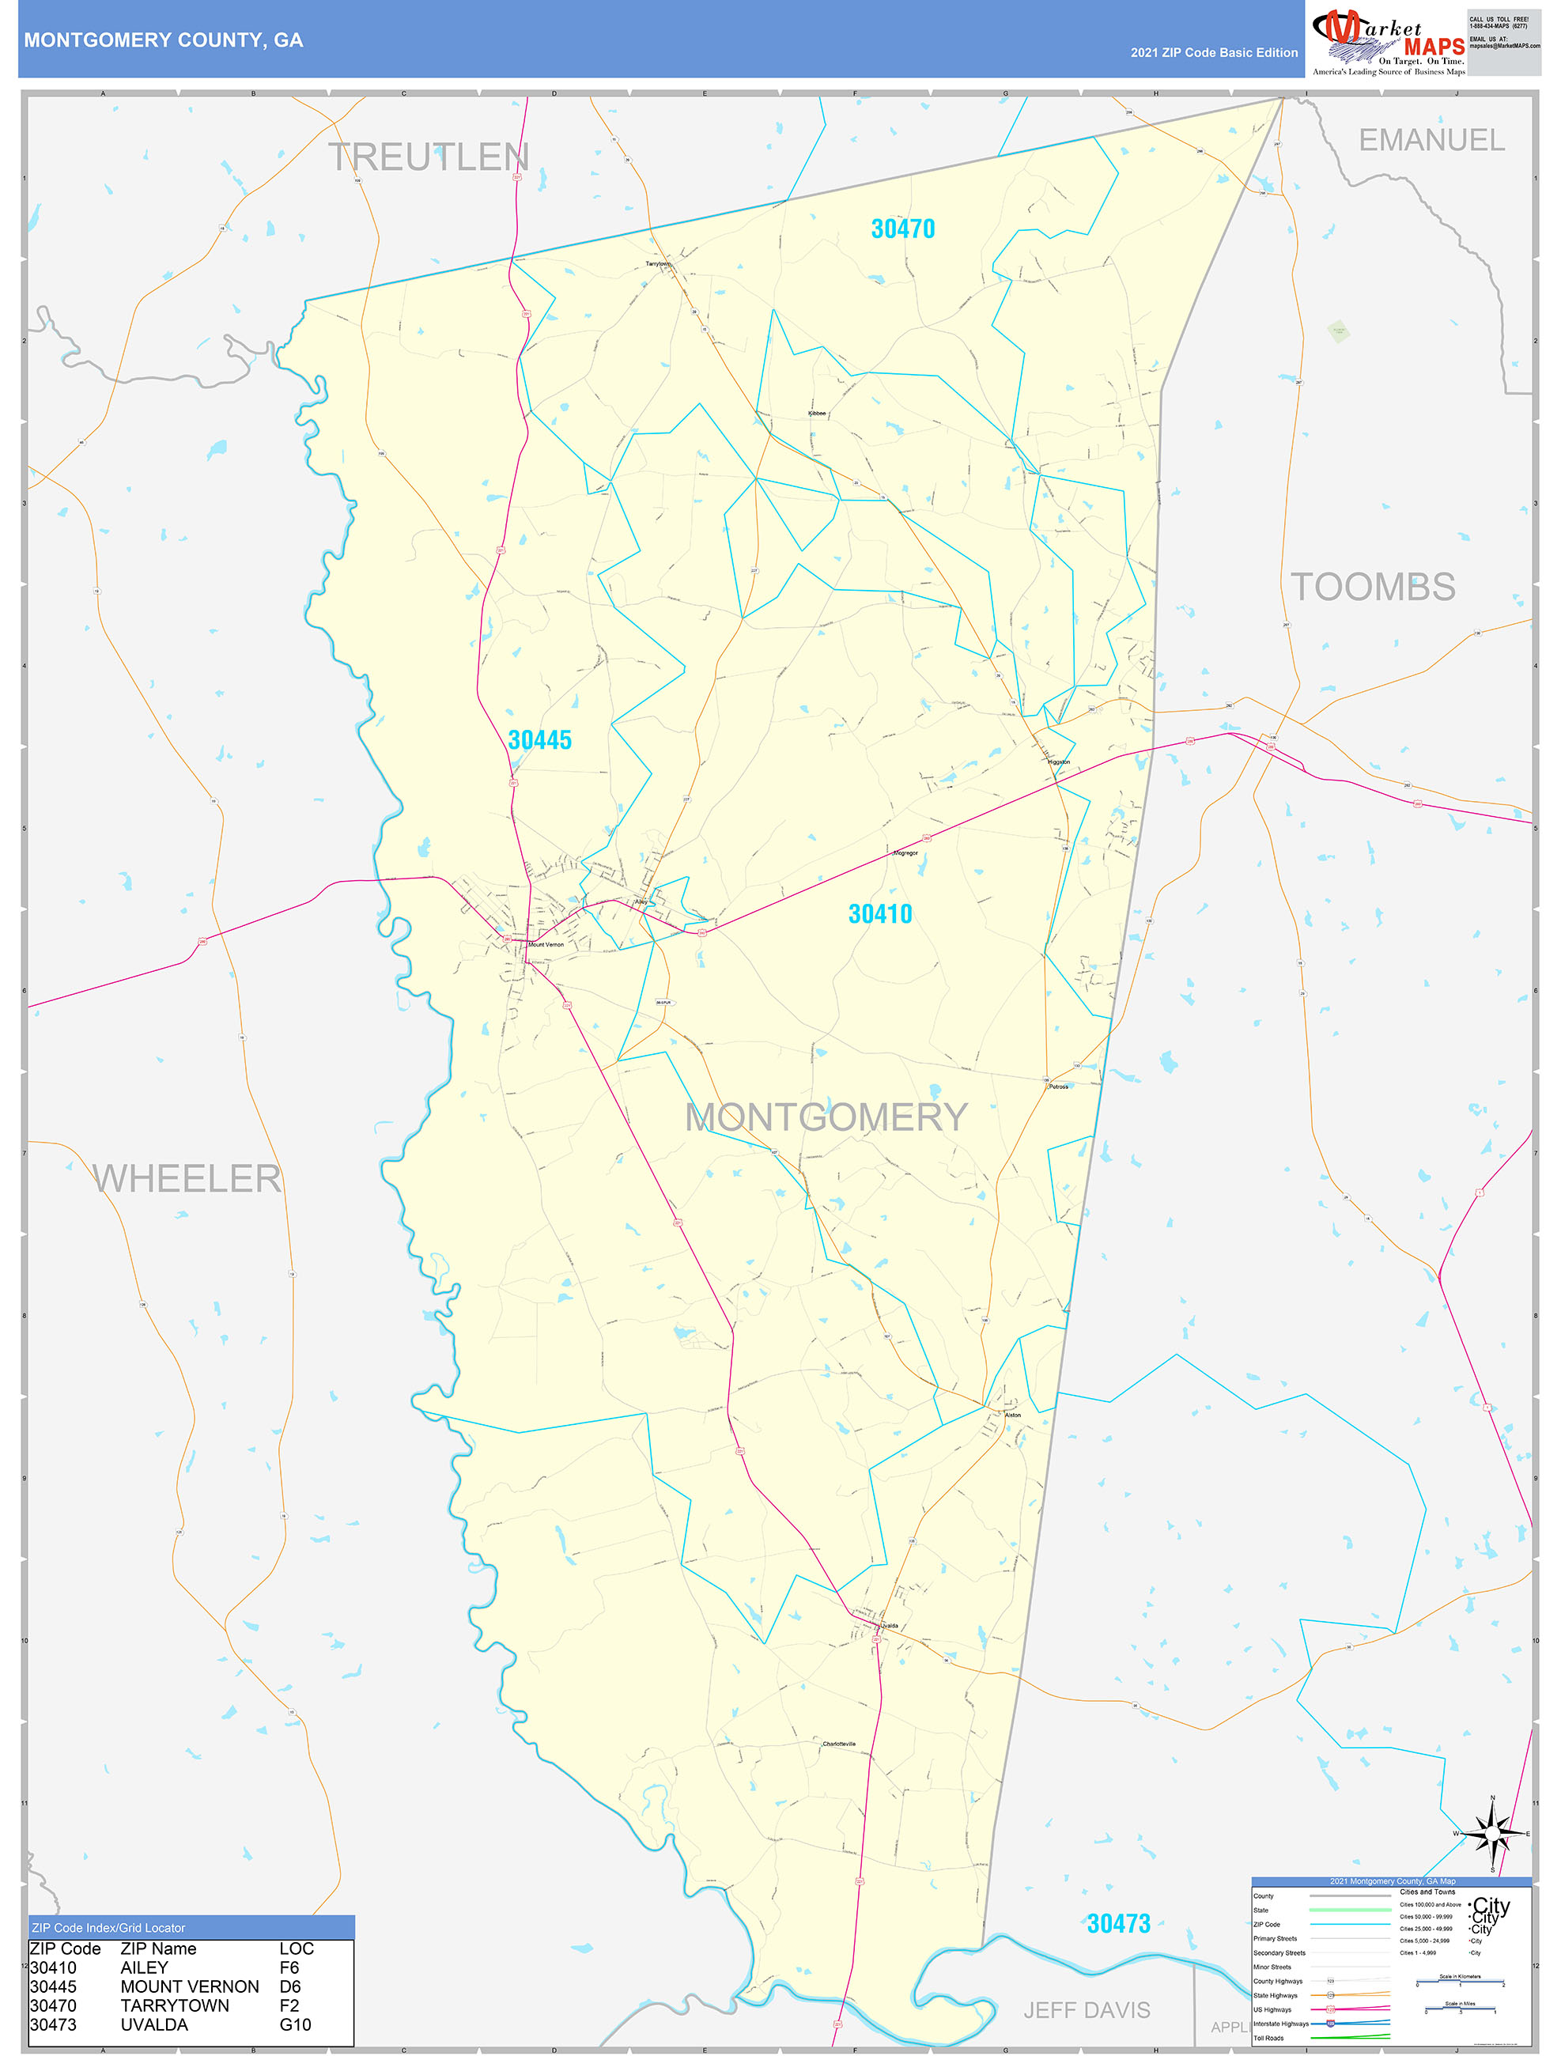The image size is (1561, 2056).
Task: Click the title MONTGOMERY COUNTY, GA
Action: pyautogui.click(x=164, y=40)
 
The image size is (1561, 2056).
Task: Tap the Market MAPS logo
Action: pyautogui.click(x=1388, y=43)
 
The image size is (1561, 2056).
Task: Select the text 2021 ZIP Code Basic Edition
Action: pyautogui.click(x=1213, y=53)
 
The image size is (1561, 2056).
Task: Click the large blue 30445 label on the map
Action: pyautogui.click(x=539, y=740)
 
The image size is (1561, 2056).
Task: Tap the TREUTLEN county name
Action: pyautogui.click(x=429, y=157)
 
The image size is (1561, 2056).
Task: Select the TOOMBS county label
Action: pyautogui.click(x=1372, y=587)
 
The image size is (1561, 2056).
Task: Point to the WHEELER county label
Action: pyautogui.click(x=187, y=1178)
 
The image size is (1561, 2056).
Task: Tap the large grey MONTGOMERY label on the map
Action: pyautogui.click(x=826, y=1117)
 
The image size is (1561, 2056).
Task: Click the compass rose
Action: pyautogui.click(x=1492, y=1834)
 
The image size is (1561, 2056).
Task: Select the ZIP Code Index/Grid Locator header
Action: pyautogui.click(x=109, y=1928)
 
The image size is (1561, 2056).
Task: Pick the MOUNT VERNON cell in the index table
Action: pyautogui.click(x=190, y=1986)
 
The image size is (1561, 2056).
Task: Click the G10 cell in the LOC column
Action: pyautogui.click(x=296, y=2024)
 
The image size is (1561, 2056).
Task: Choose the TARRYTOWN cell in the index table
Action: pyautogui.click(x=175, y=2006)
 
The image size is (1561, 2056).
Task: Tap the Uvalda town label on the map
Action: pyautogui.click(x=890, y=1626)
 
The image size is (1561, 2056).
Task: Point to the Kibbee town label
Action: pyautogui.click(x=816, y=413)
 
